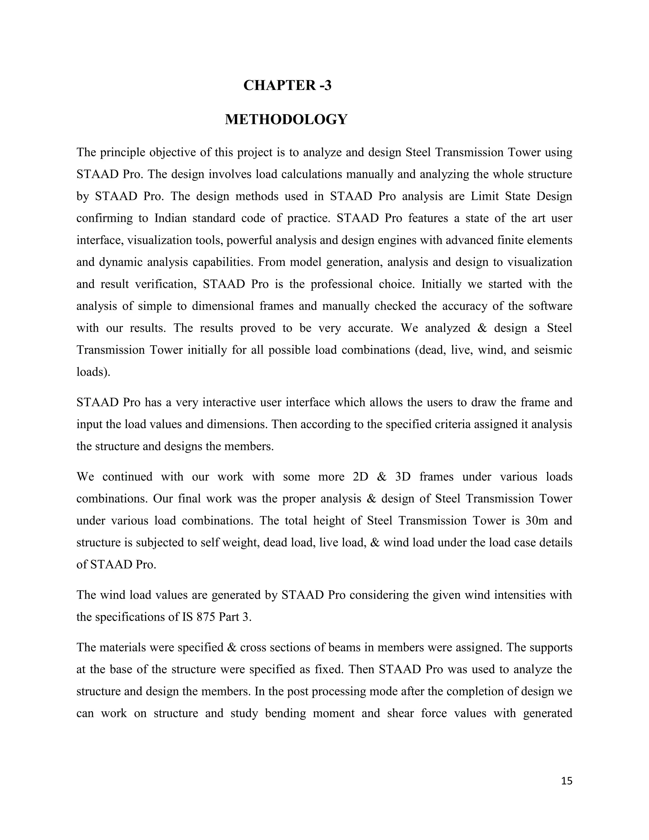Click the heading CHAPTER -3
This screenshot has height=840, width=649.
coord(287,85)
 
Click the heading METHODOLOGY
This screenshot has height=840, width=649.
coord(286,120)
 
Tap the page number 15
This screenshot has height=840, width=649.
coord(566,781)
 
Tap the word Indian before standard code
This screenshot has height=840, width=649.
coord(170,218)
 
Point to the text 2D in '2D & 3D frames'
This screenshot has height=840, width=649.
coord(360,477)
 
